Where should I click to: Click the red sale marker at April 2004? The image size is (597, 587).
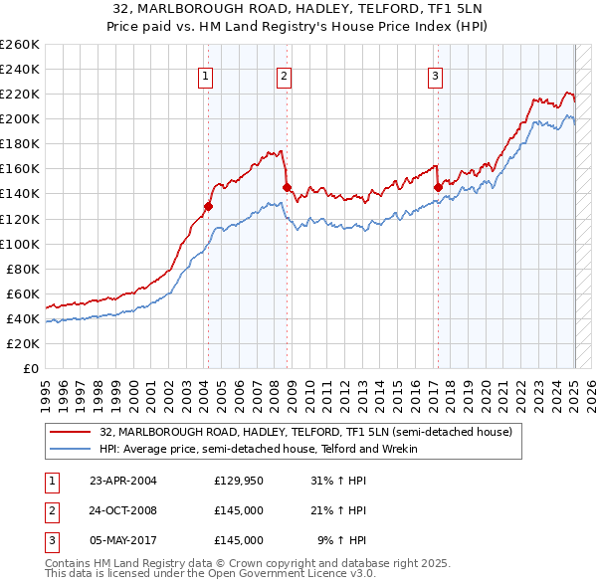pos(208,206)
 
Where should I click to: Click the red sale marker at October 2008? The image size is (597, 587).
pos(287,187)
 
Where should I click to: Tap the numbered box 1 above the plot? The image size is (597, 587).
pos(205,75)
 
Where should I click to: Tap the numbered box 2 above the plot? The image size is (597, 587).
pos(284,75)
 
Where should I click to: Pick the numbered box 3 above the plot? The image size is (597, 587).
pos(435,75)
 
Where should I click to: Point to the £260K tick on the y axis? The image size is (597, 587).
pos(19,45)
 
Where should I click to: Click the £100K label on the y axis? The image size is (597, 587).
pos(19,244)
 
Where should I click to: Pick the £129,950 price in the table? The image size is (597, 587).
pos(239,482)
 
